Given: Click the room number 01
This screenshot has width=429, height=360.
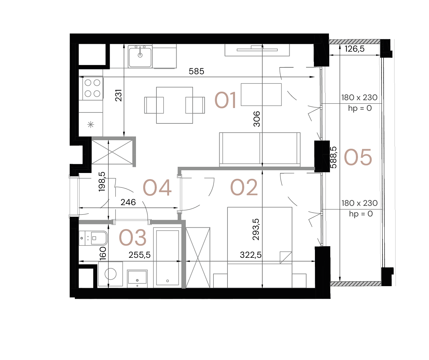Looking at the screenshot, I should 225,101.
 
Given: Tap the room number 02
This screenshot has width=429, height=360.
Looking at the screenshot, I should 244,188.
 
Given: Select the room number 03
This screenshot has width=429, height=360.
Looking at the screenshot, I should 133,238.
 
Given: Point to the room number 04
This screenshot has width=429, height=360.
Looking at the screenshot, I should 157,188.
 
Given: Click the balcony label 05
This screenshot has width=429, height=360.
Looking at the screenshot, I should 358,158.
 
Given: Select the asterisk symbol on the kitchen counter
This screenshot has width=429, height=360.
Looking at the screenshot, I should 91,125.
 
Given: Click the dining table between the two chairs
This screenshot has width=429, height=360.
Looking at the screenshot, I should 175,105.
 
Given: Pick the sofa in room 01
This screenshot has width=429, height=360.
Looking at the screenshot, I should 260,149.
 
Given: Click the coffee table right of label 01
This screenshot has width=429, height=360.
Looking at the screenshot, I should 261,94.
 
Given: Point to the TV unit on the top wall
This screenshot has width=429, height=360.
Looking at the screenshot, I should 257,50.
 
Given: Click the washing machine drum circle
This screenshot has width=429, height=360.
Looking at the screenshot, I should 110,274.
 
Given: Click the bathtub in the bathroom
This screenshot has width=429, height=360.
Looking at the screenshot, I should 167,257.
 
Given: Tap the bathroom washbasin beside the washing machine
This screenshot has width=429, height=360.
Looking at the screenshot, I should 137,278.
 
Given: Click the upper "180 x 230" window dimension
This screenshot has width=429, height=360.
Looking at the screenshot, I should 359,98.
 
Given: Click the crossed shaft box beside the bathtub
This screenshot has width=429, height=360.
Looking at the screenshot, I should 198,258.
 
